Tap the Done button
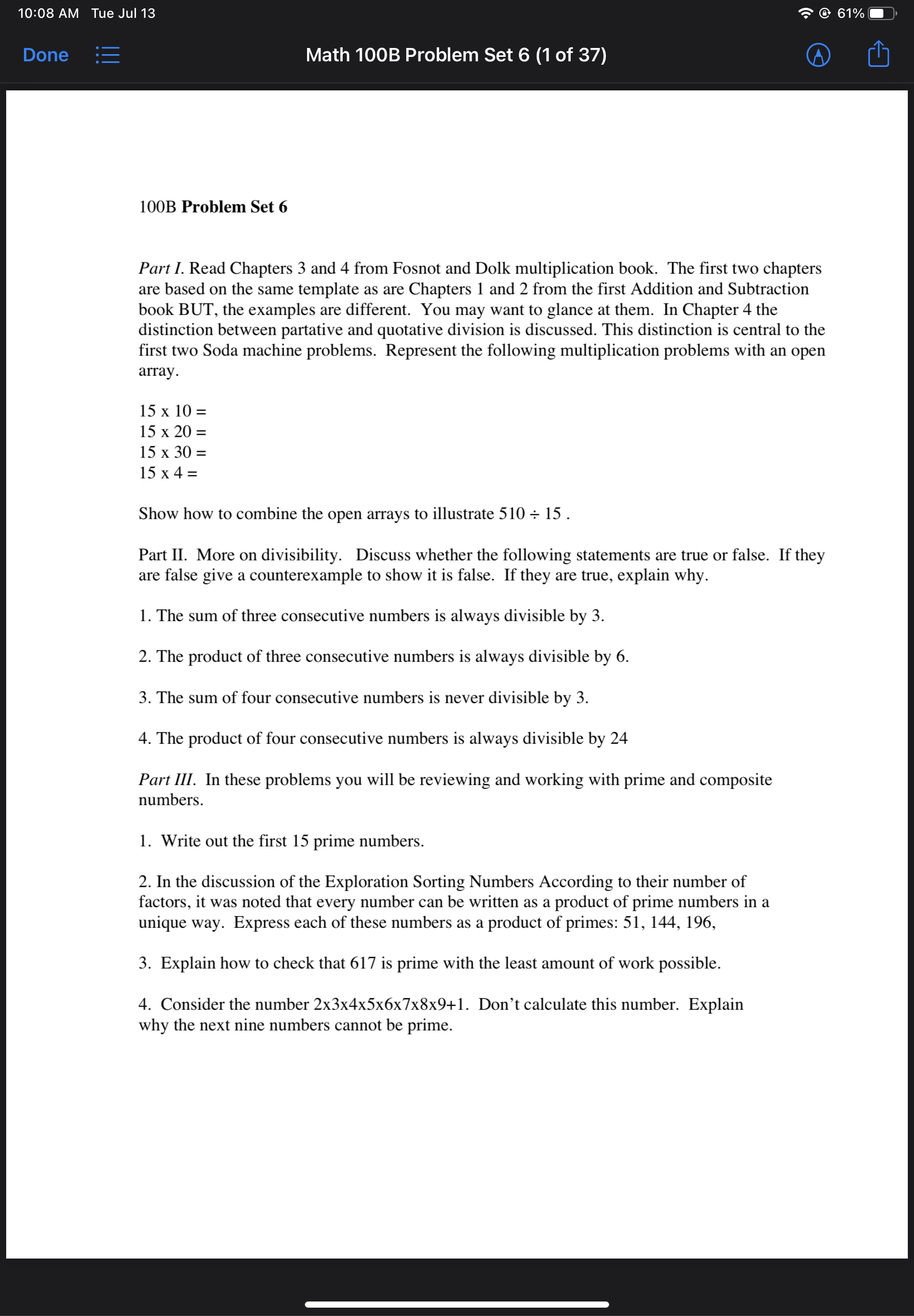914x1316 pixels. click(x=45, y=55)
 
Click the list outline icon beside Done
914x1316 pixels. click(x=108, y=55)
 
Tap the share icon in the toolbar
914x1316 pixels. click(x=878, y=55)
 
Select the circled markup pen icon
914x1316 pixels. click(x=818, y=55)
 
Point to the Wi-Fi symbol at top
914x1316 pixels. click(x=805, y=13)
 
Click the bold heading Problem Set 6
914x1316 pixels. click(x=234, y=207)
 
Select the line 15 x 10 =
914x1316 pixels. click(x=172, y=411)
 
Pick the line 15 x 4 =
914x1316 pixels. click(x=168, y=473)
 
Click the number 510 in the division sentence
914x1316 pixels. click(x=512, y=514)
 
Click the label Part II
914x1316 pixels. click(x=162, y=555)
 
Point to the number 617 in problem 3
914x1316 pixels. click(x=362, y=963)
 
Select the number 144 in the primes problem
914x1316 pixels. click(x=663, y=922)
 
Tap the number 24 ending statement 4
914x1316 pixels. click(x=619, y=738)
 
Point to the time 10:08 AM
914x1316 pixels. click(x=48, y=13)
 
